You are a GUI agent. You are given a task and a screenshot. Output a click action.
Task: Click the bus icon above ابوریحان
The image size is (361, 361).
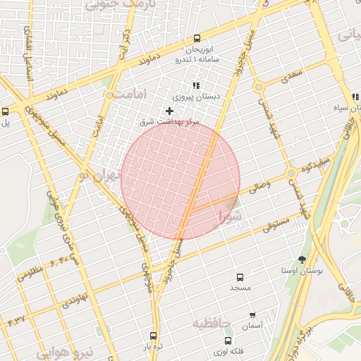tap(196, 39)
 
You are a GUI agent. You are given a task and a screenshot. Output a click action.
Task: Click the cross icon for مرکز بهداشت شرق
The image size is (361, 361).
tap(169, 111)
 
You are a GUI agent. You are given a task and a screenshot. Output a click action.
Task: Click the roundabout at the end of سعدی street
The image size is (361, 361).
tap(259, 87)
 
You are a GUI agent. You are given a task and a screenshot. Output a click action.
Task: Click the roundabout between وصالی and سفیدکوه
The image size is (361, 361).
tap(290, 173)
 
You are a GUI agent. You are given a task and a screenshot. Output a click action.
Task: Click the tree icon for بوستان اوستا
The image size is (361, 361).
tap(302, 259)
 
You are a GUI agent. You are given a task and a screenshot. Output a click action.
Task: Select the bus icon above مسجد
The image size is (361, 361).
tap(240, 277)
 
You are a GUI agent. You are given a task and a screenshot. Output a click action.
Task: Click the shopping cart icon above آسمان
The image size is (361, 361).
tap(252, 314)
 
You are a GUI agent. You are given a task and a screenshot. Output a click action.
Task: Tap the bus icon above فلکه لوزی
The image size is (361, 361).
tap(228, 341)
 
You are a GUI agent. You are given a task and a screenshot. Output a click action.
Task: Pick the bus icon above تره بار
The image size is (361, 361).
tap(154, 336)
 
